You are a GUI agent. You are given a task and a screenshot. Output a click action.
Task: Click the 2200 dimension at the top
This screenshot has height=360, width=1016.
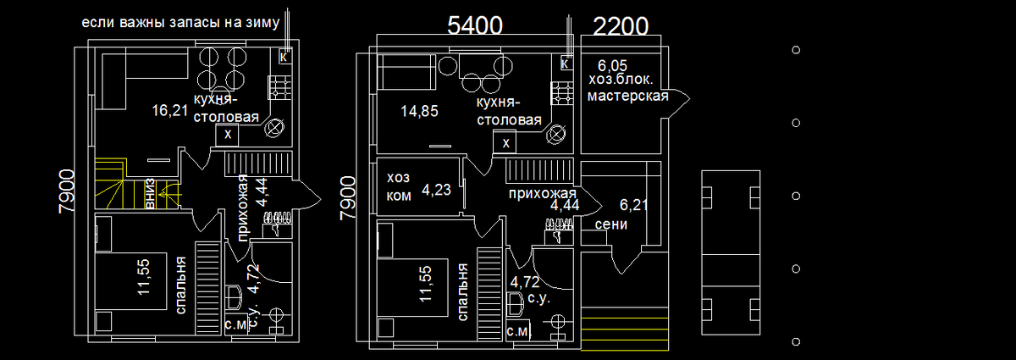[x=621, y=25]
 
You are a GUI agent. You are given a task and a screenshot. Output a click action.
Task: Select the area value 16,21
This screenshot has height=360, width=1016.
[x=170, y=110]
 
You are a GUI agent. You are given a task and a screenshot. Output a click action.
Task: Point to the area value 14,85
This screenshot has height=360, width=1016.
[x=421, y=110]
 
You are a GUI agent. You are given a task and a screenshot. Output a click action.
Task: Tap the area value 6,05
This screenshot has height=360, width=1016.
[x=612, y=65]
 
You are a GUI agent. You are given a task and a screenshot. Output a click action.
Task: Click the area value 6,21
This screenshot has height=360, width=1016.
[x=634, y=204]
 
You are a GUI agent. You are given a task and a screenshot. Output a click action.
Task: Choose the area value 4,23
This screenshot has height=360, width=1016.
[x=437, y=190]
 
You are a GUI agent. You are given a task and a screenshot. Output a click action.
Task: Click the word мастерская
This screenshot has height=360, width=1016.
[x=627, y=96]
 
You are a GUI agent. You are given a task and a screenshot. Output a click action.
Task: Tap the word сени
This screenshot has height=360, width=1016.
[x=611, y=225]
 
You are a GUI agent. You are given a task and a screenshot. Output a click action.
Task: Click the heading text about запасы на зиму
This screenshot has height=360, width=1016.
[x=180, y=23]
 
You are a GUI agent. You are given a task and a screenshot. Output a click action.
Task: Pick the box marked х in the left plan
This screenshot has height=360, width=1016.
[x=227, y=135]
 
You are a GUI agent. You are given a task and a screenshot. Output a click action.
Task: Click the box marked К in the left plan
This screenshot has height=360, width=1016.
[x=284, y=58]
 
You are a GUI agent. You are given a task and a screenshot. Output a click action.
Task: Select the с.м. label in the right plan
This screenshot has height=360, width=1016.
[x=518, y=331]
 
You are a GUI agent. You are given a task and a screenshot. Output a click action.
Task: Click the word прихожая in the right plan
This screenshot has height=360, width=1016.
[x=542, y=193]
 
